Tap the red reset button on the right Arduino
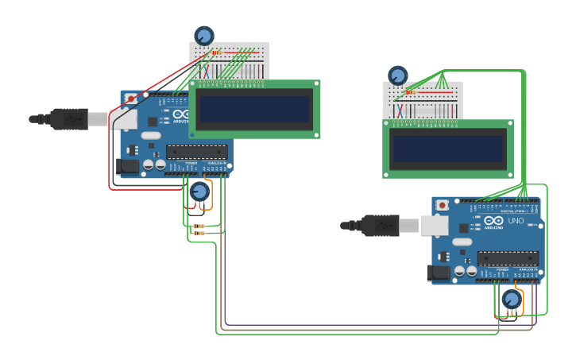pos(443,206)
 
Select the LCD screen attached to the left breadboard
pos(254,109)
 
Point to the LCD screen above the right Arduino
pos(448,149)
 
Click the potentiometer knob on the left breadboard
pos(204,36)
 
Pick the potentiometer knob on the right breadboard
pos(397,75)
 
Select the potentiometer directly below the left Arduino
pos(199,192)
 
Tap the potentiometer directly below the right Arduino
pos(512,300)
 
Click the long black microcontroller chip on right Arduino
pos(508,258)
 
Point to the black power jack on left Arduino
pos(127,166)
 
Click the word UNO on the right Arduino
pos(516,221)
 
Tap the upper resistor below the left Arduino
pos(199,226)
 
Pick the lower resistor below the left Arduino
pos(199,234)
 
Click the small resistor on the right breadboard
pos(411,92)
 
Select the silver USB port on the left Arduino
pos(123,119)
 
